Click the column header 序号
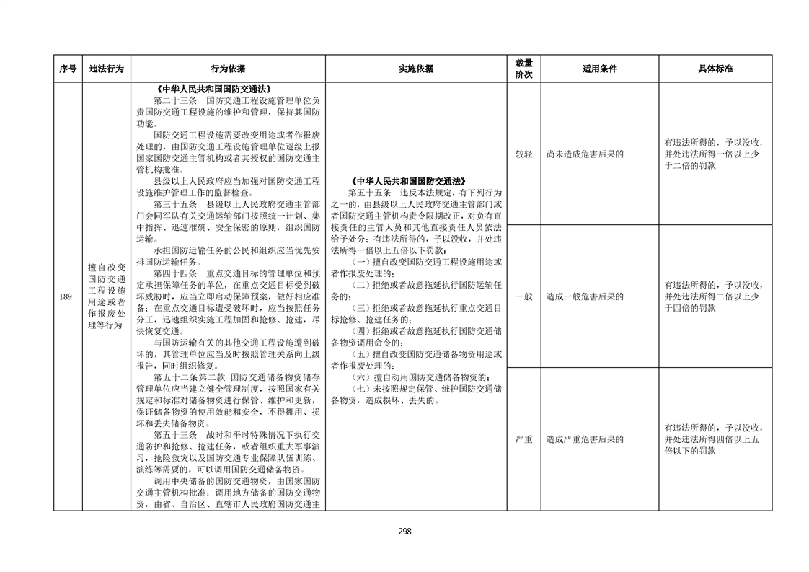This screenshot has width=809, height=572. [68, 69]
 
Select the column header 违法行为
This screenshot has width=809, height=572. [106, 69]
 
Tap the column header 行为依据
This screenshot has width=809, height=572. [228, 69]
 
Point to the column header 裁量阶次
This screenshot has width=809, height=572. [523, 69]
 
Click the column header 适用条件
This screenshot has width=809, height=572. [599, 69]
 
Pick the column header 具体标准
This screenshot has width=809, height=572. [715, 69]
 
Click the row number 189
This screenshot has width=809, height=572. [67, 296]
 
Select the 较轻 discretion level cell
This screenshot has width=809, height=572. [523, 154]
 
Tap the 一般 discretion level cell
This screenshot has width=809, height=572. [523, 296]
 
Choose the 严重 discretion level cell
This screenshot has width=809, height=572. [523, 439]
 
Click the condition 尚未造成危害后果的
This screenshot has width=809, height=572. [585, 154]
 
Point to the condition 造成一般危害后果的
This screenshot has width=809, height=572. [585, 296]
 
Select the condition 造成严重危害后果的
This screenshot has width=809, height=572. [585, 439]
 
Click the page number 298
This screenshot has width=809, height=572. [404, 532]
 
